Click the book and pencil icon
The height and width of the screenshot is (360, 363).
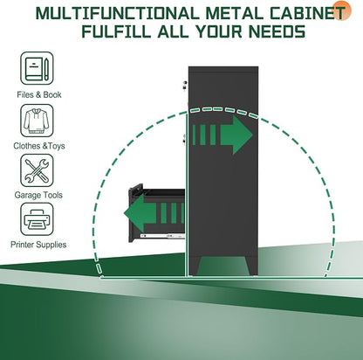pyautogui.click(x=37, y=68)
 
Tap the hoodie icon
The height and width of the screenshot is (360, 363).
pyautogui.click(x=37, y=121)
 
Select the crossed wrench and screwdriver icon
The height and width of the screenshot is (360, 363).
pyautogui.click(x=37, y=170)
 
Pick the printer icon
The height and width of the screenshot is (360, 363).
pyautogui.click(x=37, y=219)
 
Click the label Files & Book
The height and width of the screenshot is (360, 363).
pyautogui.click(x=39, y=94)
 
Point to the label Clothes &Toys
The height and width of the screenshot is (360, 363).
pyautogui.click(x=39, y=146)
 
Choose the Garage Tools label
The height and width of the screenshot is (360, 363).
pyautogui.click(x=38, y=195)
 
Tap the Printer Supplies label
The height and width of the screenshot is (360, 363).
pyautogui.click(x=38, y=245)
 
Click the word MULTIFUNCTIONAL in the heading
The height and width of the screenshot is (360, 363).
pyautogui.click(x=118, y=13)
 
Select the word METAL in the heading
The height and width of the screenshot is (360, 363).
pyautogui.click(x=235, y=13)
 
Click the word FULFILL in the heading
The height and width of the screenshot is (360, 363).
pyautogui.click(x=117, y=31)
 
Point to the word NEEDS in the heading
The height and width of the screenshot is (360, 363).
pyautogui.click(x=277, y=31)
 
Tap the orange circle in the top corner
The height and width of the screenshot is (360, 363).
pyautogui.click(x=342, y=10)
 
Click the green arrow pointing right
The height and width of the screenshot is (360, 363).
pyautogui.click(x=223, y=135)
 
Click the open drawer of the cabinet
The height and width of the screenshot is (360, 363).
pyautogui.click(x=157, y=213)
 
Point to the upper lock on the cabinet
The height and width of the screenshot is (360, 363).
pyautogui.click(x=184, y=86)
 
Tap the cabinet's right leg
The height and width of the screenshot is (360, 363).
pyautogui.click(x=252, y=266)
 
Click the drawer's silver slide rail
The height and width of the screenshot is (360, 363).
pyautogui.click(x=162, y=236)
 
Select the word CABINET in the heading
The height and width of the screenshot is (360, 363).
pyautogui.click(x=308, y=13)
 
